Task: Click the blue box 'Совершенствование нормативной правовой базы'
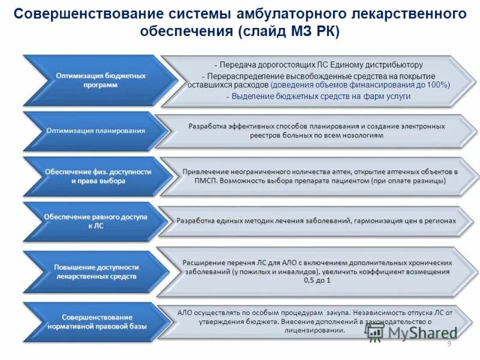pos(96,322)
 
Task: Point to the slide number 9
pos(449,343)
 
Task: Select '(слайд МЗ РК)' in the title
pos(289,31)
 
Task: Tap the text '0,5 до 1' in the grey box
pos(317,280)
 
